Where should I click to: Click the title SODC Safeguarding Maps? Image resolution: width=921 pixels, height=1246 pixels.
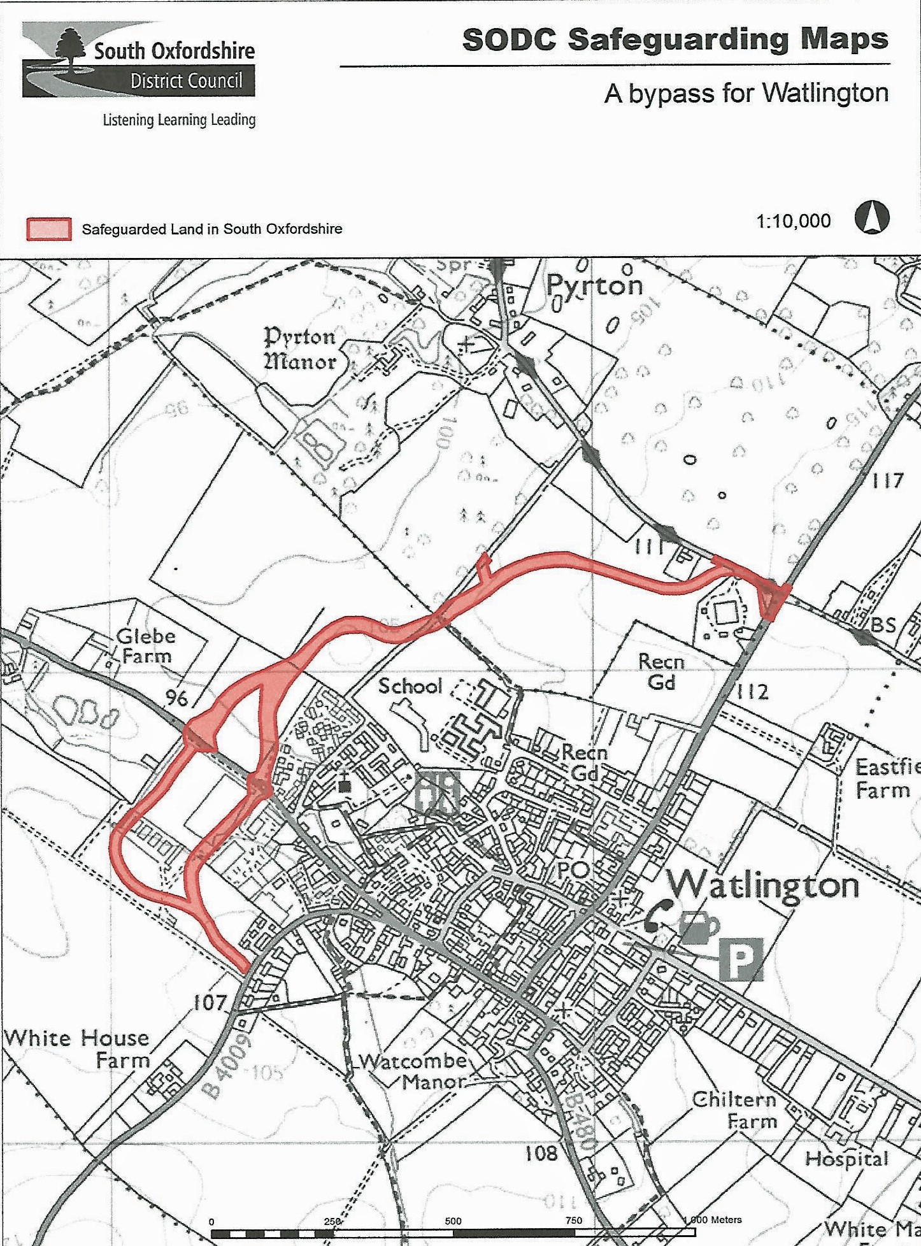(675, 39)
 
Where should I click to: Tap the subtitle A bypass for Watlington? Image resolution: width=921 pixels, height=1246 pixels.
(746, 93)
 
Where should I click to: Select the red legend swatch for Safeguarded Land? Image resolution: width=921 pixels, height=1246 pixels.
(48, 229)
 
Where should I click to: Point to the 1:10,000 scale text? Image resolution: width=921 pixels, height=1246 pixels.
(793, 221)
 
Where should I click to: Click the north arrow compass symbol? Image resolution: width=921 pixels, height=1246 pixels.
(871, 218)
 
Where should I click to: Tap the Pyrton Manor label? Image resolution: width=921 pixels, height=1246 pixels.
(300, 348)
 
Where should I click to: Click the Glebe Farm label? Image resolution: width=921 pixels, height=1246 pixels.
(145, 645)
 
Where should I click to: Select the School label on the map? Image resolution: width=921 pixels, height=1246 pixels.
(410, 686)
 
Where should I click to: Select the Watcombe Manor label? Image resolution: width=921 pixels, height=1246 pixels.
(414, 1071)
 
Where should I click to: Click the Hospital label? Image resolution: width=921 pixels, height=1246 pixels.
(846, 1158)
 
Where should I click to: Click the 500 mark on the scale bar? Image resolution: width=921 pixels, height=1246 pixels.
(453, 1221)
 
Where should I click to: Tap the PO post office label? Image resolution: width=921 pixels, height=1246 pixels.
(572, 870)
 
